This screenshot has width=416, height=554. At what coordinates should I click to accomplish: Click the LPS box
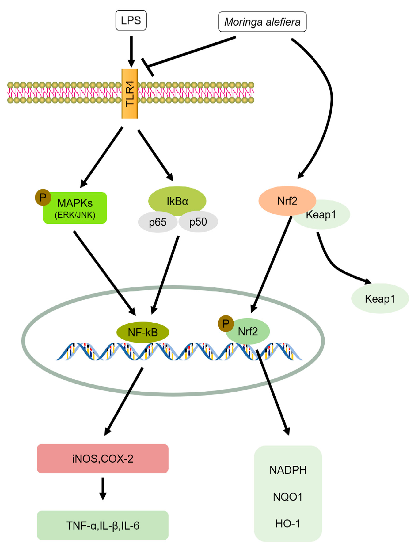point(131,20)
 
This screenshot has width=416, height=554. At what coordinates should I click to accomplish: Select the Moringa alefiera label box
point(262,22)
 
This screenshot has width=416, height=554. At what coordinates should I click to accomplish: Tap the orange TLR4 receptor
point(129,93)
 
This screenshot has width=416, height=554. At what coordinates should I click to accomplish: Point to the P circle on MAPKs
point(43,197)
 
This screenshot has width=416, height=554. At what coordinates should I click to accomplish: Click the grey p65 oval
point(158,222)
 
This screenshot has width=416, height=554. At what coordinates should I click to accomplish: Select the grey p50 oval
point(198,222)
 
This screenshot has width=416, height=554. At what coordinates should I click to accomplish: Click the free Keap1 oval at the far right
point(380,298)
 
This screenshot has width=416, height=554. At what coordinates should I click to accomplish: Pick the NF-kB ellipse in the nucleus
point(143,332)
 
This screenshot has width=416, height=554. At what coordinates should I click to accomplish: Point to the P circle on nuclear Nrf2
point(225,323)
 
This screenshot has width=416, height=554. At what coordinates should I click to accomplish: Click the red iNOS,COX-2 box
point(103,459)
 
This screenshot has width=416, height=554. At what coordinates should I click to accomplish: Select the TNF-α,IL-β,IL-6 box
point(103,525)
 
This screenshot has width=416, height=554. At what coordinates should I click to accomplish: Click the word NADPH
point(288,470)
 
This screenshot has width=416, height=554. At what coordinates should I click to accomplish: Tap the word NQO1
point(288,497)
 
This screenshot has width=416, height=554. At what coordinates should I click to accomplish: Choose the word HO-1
point(288,523)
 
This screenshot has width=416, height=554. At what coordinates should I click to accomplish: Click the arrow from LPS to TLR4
point(131,51)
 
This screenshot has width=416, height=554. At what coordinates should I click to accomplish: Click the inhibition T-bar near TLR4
point(147,67)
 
